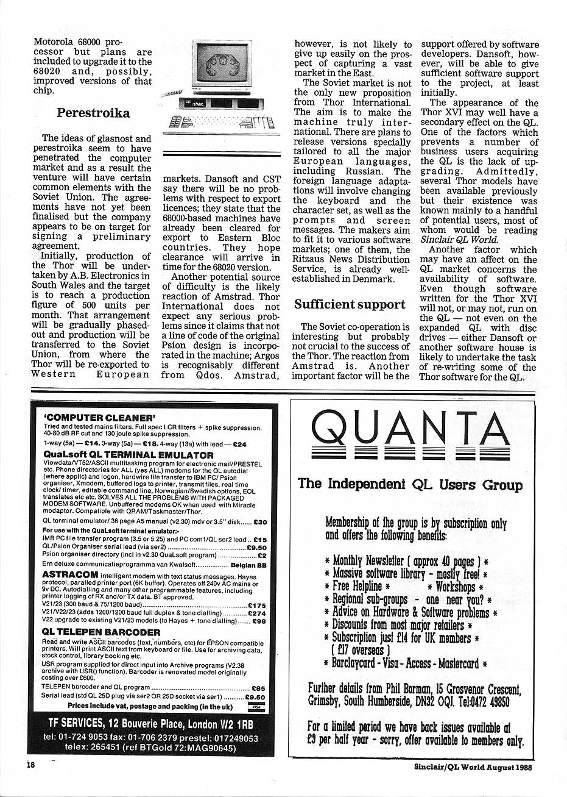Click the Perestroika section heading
pyautogui.click(x=93, y=113)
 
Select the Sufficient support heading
pyautogui.click(x=350, y=304)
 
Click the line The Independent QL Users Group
pyautogui.click(x=410, y=485)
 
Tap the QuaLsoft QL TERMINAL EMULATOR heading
pyautogui.click(x=128, y=455)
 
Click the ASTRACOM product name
pyautogui.click(x=66, y=574)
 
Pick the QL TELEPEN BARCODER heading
pyautogui.click(x=101, y=632)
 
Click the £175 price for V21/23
pyautogui.click(x=256, y=605)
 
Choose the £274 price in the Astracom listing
pyautogui.click(x=256, y=613)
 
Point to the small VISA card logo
pyautogui.click(x=256, y=707)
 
